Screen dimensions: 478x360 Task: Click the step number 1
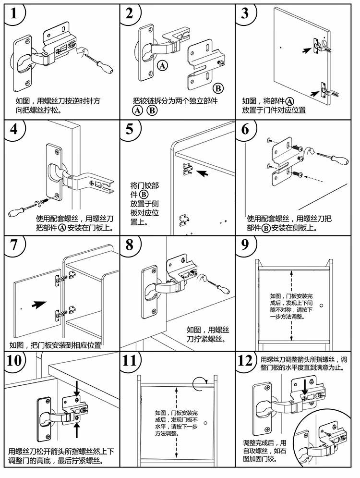14,13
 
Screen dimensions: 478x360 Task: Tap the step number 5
130,130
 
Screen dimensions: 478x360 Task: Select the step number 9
246,245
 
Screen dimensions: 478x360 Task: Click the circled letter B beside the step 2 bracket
217,88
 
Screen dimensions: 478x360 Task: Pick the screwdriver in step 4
22,209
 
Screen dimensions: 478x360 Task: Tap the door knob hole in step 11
204,422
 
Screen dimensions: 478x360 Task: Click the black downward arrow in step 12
303,388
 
